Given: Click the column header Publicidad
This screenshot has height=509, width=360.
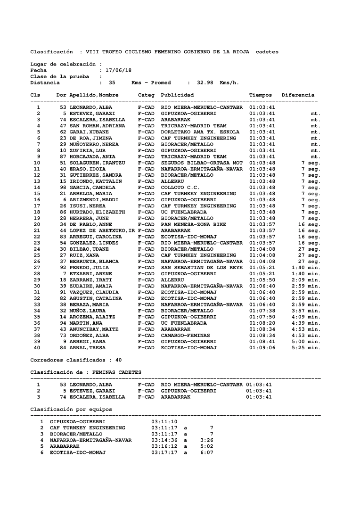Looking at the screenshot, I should pos(177,95).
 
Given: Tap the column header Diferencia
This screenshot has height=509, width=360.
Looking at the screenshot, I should pos(298,95).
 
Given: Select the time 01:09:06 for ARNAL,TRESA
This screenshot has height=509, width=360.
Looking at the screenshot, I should pos(262,348).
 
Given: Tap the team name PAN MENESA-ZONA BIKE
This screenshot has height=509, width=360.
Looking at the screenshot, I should pos(194,224).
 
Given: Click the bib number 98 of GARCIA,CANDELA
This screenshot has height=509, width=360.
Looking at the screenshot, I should pos(63,188).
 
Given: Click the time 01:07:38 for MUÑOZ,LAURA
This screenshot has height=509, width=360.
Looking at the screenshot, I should pos(262,311).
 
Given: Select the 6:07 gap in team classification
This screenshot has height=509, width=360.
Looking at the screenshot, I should pos(207,452).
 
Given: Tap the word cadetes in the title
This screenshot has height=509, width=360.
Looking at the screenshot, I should pos(267,52).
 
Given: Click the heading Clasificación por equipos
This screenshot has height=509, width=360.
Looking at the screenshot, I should pos(71,409).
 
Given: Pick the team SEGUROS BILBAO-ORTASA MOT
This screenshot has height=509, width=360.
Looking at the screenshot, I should pos(202,163).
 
